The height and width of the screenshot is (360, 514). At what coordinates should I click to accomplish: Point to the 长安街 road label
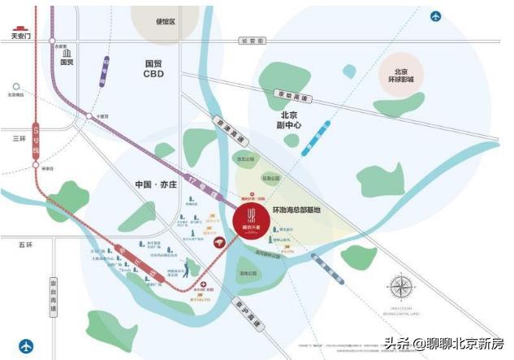[253, 40]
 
